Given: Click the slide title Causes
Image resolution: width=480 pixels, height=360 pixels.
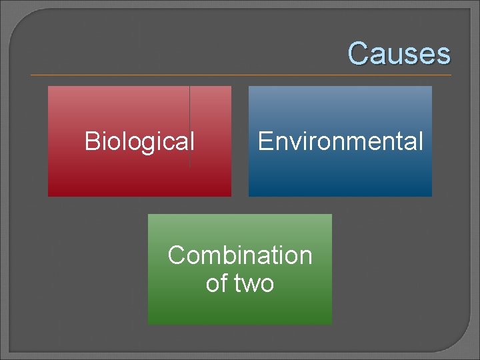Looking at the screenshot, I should [399, 53].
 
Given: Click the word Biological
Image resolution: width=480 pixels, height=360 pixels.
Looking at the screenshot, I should [139, 141].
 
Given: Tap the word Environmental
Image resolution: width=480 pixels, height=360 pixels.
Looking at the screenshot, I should [340, 141].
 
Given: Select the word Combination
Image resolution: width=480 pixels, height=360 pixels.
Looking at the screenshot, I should [240, 255].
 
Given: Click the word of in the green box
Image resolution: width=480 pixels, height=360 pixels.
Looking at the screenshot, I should [216, 284].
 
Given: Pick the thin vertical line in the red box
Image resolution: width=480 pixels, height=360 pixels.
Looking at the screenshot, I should [190, 127].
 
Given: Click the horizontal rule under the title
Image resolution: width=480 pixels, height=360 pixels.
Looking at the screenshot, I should [240, 75].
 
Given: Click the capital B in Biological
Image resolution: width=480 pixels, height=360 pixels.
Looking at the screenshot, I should [92, 141].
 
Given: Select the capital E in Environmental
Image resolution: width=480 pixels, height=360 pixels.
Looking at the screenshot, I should [265, 141].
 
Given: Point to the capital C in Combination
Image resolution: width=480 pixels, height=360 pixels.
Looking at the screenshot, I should [177, 255].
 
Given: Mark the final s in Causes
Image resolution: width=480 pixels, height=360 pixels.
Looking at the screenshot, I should [445, 55].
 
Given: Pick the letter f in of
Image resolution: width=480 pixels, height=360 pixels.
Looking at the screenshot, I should [223, 283].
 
